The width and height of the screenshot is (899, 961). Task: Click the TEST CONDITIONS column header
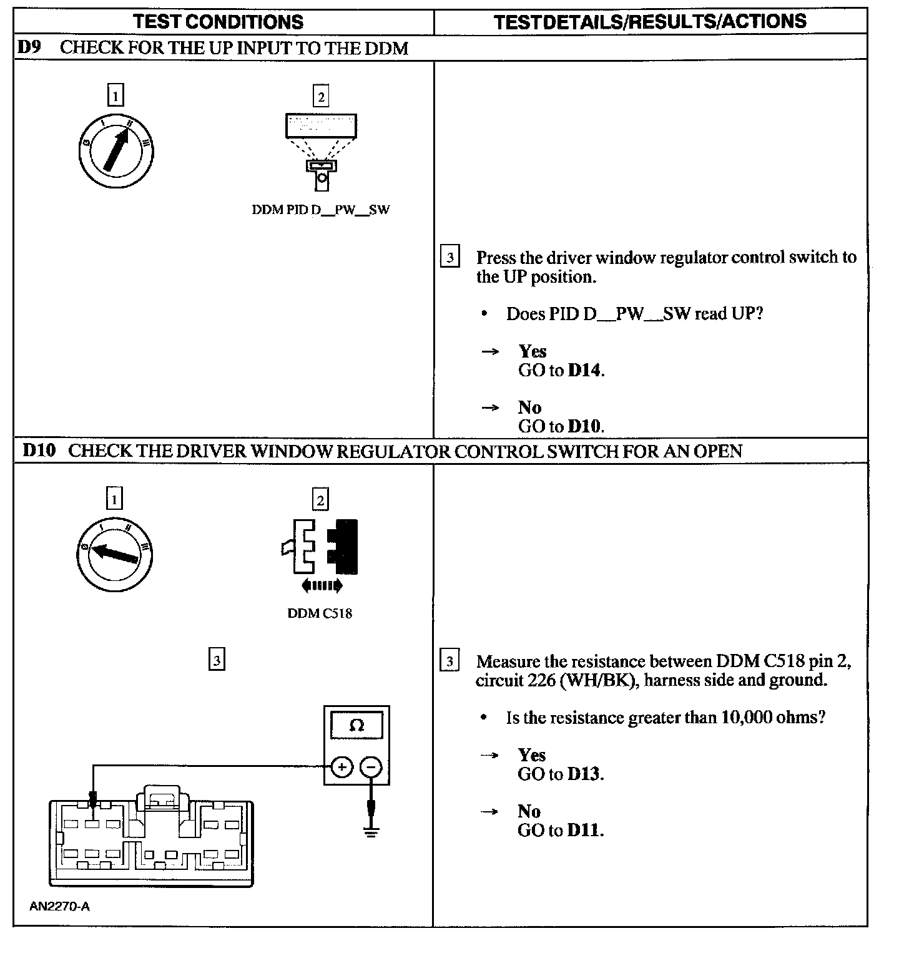coord(218,22)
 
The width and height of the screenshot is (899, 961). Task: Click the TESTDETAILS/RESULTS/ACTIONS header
coord(650,22)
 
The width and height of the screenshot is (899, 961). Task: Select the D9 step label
coord(29,47)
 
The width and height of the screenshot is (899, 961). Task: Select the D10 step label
coord(39,451)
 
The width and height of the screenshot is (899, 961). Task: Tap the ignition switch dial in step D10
coord(115,554)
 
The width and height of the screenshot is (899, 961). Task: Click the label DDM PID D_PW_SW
coord(320,210)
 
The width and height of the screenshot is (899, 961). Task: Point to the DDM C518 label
coord(320,613)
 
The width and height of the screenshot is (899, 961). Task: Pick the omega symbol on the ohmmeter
coord(356,726)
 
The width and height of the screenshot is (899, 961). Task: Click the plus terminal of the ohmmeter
coord(341,766)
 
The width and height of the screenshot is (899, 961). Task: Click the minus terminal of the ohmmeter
coord(371,766)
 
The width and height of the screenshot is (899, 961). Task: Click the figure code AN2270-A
coord(59,907)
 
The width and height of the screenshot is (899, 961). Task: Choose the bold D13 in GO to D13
coord(584,774)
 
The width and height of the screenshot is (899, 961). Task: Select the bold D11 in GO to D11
coord(584,831)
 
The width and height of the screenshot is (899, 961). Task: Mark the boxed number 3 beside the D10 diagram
coord(216,660)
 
